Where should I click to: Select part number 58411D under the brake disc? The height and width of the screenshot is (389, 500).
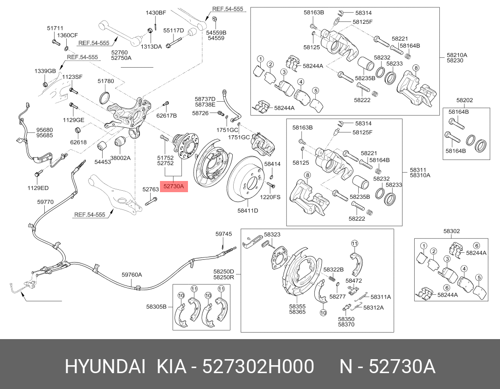pos(248,210)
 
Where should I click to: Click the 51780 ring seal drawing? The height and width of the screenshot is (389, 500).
pos(105,98)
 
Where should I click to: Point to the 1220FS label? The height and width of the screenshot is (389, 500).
pos(271,197)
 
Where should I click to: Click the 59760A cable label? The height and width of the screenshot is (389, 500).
pos(132,275)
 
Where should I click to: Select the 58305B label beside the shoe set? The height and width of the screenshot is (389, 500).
pos(156,306)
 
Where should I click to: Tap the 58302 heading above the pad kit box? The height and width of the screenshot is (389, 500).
pos(451,231)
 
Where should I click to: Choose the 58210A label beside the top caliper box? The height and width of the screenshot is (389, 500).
pos(457,55)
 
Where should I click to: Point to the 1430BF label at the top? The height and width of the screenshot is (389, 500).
pos(155,13)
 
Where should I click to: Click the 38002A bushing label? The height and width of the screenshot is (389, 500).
pos(120,158)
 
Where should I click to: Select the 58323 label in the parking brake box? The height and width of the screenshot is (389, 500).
pos(272,235)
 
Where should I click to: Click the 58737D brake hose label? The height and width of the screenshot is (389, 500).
pos(205,99)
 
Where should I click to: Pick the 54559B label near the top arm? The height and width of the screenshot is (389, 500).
pos(216,32)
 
